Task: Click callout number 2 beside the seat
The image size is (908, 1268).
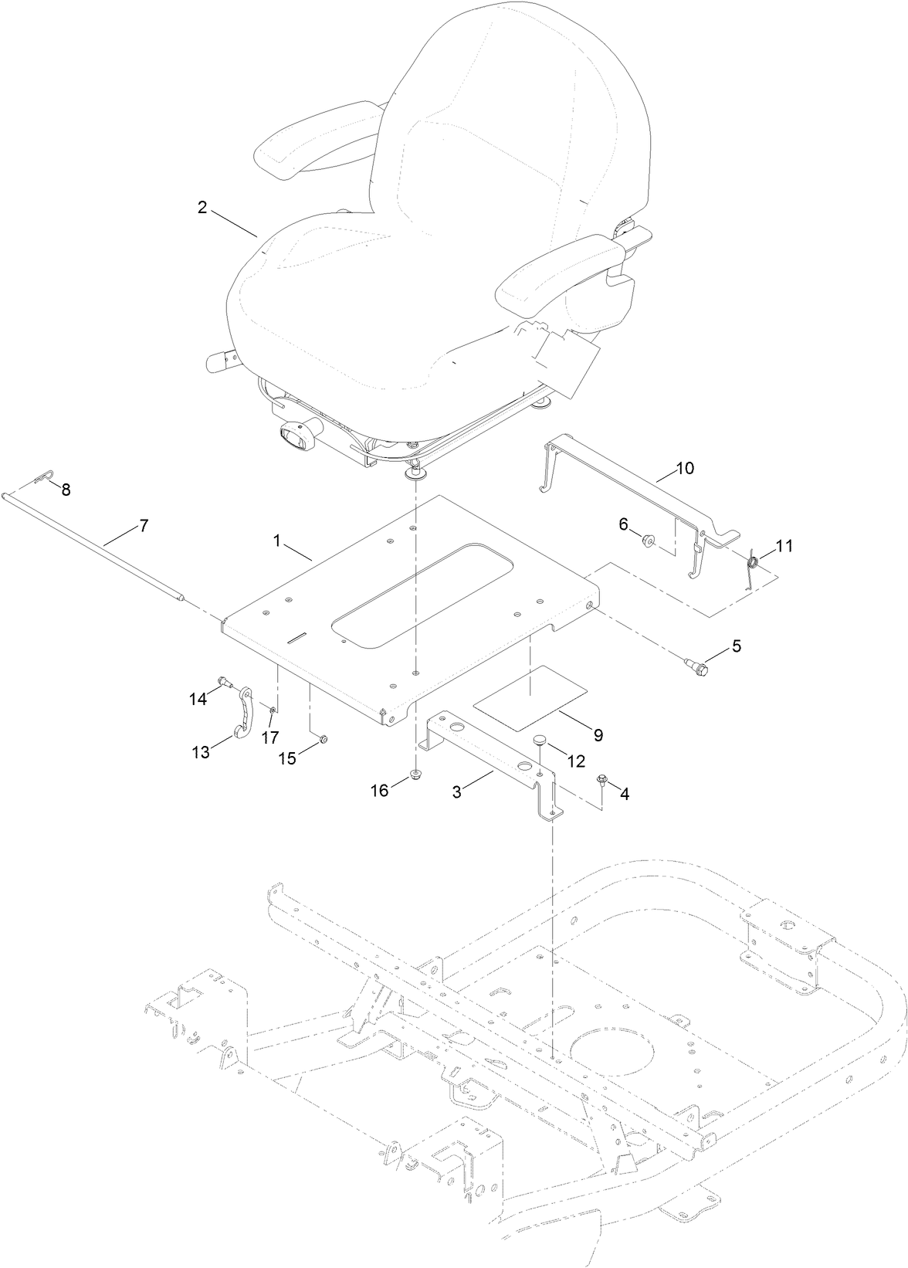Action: tap(202, 208)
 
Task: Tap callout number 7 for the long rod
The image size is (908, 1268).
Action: tap(142, 526)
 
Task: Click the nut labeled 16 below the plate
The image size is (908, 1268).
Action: tap(415, 775)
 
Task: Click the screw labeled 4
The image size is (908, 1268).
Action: tap(601, 782)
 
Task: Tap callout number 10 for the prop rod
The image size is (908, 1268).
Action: tap(685, 468)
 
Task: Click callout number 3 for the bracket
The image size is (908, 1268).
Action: tap(457, 792)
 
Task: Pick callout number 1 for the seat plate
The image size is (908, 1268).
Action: tap(276, 541)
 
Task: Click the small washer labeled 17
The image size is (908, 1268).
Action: tap(273, 709)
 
